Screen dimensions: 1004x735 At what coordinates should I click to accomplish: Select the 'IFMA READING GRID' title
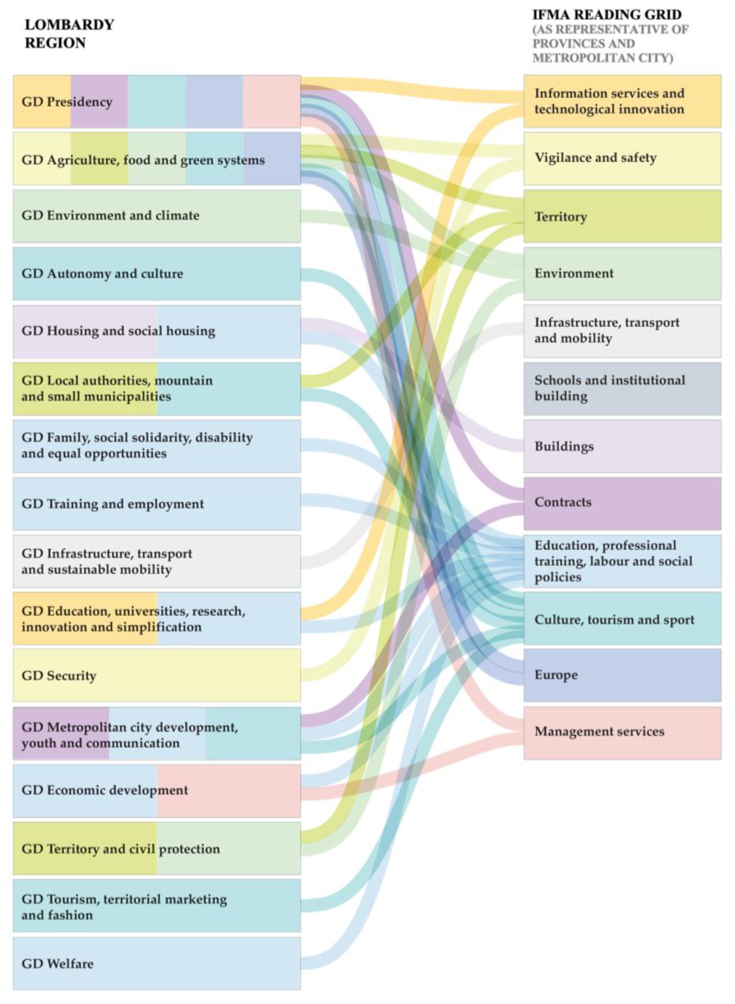click(x=607, y=15)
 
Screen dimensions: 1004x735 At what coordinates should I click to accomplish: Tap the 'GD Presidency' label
click(x=67, y=102)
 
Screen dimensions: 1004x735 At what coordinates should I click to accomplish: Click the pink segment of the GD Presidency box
click(x=271, y=102)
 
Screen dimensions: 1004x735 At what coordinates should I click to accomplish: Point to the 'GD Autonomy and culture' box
click(x=157, y=274)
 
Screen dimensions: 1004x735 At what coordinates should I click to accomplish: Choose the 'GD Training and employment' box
click(x=157, y=504)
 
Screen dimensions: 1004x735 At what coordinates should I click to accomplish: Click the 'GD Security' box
click(x=157, y=676)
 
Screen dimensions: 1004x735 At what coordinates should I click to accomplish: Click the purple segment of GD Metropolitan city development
click(x=61, y=733)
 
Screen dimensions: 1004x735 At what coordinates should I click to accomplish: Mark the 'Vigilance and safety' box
click(x=622, y=158)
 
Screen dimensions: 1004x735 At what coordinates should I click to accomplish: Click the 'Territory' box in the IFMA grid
click(x=622, y=216)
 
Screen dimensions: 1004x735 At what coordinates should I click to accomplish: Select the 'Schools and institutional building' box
click(x=622, y=388)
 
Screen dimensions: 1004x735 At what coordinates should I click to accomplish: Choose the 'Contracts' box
click(x=622, y=503)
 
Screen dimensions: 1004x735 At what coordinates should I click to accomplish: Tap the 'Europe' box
click(x=622, y=675)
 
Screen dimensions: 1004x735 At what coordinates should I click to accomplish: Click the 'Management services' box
click(x=622, y=732)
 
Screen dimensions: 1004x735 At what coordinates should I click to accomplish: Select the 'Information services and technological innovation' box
click(x=622, y=102)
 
